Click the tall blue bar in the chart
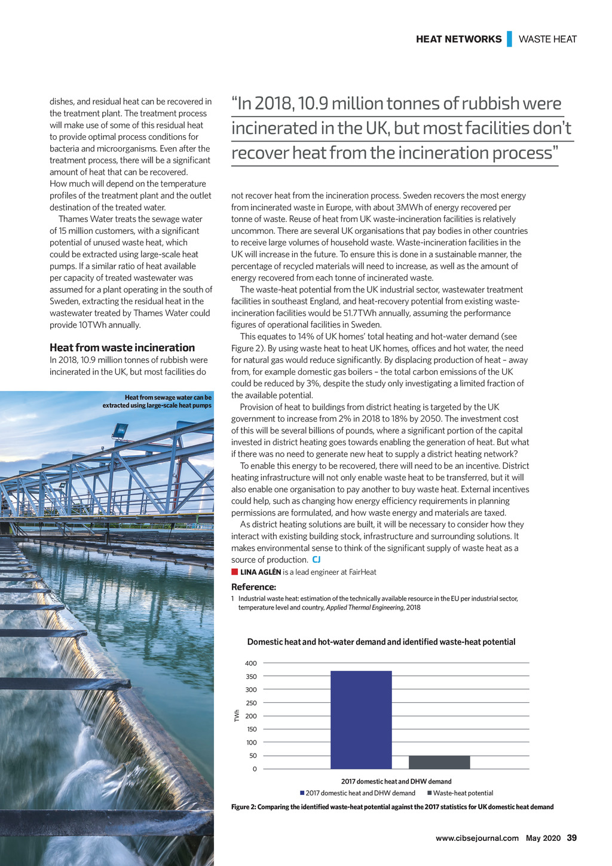coord(361,719)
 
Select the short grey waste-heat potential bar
coord(439,763)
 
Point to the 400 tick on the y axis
coord(251,663)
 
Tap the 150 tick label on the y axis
coord(252,730)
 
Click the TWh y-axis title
coord(237,716)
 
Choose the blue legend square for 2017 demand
coord(303,793)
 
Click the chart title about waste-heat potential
coord(381,642)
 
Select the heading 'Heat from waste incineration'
coord(122,347)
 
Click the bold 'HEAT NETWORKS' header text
coord(458,39)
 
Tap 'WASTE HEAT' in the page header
coord(547,39)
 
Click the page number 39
coord(571,838)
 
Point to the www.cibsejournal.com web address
coord(477,838)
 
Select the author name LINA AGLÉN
coord(261,572)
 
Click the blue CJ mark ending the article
coord(316,560)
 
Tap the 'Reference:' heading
coord(253,587)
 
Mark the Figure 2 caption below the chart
coord(392,807)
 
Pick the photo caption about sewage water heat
coord(157,401)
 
